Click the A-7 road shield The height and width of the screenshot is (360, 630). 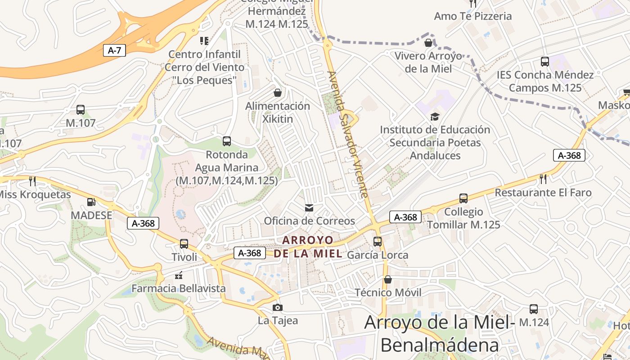click(114, 50)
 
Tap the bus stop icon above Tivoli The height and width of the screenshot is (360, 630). click(184, 244)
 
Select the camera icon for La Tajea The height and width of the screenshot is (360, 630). click(278, 308)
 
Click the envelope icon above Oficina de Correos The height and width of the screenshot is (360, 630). click(309, 207)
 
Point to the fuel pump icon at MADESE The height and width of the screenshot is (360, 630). click(91, 202)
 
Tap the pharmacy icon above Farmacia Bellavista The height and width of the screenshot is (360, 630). click(179, 275)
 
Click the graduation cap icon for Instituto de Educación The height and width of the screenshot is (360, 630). click(435, 117)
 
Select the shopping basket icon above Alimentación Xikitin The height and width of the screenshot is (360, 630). click(278, 93)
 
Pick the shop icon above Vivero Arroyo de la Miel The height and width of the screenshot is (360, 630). click(428, 43)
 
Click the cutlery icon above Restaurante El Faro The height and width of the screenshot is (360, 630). click(543, 179)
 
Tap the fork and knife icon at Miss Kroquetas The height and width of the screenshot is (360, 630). click(32, 181)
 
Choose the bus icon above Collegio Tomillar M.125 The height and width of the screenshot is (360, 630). click(463, 198)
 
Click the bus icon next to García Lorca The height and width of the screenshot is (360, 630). click(378, 242)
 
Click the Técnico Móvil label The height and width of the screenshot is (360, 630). click(388, 292)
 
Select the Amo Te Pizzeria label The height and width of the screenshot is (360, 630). click(472, 16)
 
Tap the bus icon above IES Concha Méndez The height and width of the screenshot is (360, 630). click(545, 62)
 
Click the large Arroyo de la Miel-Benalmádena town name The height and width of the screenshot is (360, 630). click(440, 333)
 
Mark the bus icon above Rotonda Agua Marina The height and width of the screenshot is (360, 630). click(227, 141)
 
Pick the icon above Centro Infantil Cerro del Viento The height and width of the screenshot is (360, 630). click(204, 41)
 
